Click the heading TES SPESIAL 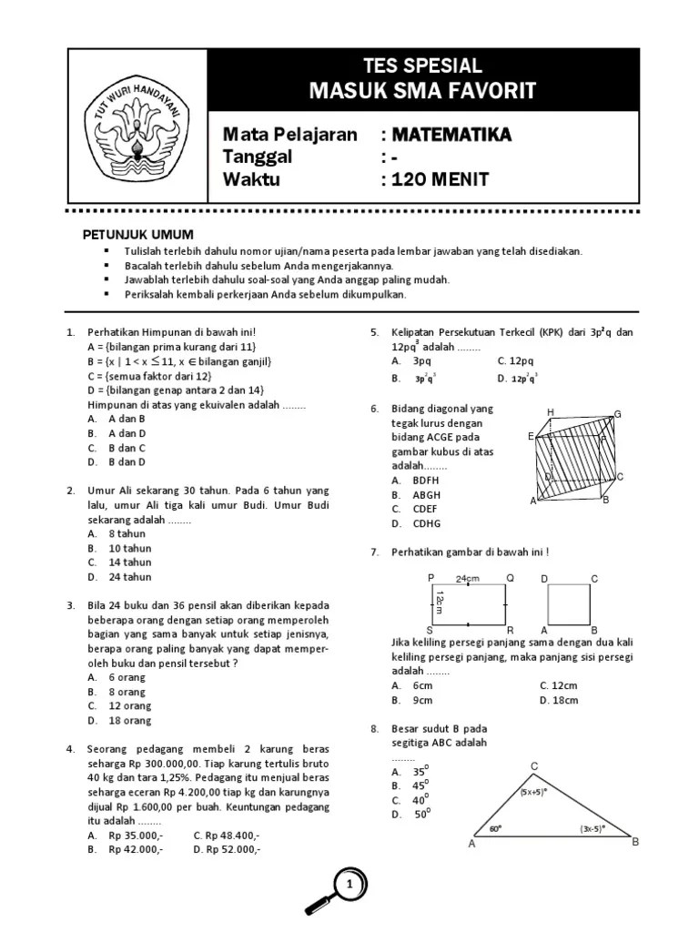tap(421, 66)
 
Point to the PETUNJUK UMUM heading tap(138, 235)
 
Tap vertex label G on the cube tap(617, 415)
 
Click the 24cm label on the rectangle tap(468, 579)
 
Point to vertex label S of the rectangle tap(430, 630)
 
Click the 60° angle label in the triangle tap(495, 829)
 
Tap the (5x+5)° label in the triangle tap(532, 792)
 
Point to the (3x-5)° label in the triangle tap(593, 829)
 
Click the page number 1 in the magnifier tap(349, 884)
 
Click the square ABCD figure tap(570, 604)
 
